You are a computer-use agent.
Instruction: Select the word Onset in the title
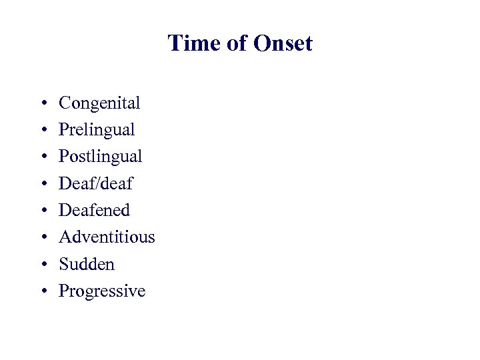[x=283, y=44]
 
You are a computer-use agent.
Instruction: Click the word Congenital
[x=99, y=103]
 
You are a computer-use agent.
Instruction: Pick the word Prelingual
[x=97, y=130]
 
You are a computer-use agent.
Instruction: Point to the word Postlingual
[x=101, y=157]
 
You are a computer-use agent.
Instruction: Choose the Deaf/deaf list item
[x=96, y=183]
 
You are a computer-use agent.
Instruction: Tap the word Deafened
[x=95, y=211]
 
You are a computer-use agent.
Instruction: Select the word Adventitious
[x=107, y=237]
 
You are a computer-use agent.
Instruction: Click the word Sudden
[x=87, y=264]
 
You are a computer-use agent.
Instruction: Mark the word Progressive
[x=102, y=291]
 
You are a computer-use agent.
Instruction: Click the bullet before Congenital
[x=43, y=104]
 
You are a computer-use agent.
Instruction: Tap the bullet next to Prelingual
[x=43, y=131]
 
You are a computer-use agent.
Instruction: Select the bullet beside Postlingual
[x=43, y=157]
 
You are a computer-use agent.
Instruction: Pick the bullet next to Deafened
[x=43, y=211]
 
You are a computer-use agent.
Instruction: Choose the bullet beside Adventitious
[x=43, y=238]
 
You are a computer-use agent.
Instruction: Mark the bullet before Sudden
[x=43, y=265]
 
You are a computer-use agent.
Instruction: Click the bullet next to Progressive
[x=43, y=292]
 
